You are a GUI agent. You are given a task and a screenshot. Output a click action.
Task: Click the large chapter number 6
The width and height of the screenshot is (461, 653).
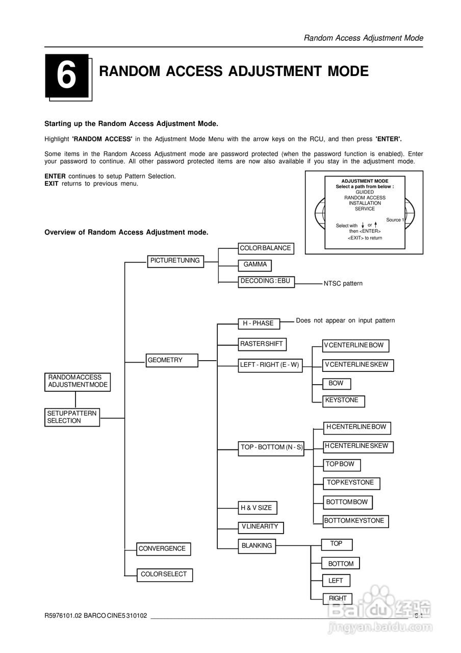tap(66, 76)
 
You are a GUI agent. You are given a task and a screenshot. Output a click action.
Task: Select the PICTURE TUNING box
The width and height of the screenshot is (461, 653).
tap(175, 261)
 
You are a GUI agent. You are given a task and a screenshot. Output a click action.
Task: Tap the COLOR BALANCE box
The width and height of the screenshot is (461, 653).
tap(265, 248)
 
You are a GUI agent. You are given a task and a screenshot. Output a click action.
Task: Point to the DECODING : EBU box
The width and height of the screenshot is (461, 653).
tap(266, 281)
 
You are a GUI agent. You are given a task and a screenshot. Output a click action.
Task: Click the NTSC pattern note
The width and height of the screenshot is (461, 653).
tap(343, 284)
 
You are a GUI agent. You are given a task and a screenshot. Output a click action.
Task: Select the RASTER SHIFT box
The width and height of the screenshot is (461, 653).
tap(262, 344)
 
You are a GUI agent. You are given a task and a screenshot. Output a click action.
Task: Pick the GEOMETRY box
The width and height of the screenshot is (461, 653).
tap(170, 360)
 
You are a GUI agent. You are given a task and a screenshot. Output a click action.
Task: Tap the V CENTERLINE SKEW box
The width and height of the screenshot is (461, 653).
tap(358, 365)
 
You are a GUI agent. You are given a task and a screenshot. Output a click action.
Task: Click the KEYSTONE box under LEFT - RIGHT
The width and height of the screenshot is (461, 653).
tap(343, 400)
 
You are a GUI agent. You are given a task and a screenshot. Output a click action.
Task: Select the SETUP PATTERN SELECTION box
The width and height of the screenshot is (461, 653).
tap(72, 417)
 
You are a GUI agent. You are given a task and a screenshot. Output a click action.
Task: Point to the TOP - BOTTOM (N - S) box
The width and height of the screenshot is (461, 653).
tap(271, 447)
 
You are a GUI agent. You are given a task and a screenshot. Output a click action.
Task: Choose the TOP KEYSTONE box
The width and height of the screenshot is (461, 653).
tap(351, 483)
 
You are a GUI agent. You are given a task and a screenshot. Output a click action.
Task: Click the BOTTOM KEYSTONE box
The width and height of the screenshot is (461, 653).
tap(355, 521)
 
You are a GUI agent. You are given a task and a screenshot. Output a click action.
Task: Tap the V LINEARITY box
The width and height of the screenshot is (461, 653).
tap(260, 526)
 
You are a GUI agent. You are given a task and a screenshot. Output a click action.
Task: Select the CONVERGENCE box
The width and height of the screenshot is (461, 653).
tap(163, 549)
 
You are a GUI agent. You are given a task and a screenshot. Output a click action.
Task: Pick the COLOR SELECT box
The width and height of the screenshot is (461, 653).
tap(164, 574)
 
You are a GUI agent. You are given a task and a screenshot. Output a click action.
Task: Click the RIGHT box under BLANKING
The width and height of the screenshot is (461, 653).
tap(337, 598)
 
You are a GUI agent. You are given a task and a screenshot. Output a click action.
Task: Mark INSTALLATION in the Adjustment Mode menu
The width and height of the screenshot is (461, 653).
tap(365, 203)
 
